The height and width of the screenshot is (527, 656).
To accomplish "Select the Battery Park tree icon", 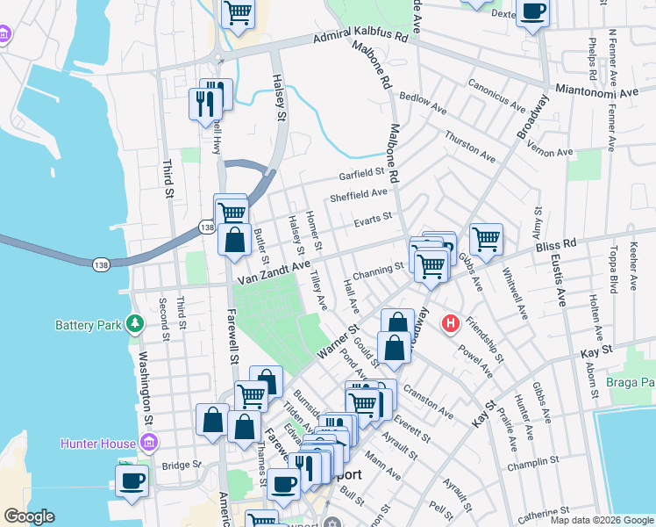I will [x=135, y=324].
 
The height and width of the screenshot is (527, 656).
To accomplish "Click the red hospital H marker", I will [x=451, y=324].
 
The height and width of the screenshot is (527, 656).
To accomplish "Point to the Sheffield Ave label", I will [x=358, y=194].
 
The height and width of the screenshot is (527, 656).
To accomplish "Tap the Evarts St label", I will [x=372, y=219].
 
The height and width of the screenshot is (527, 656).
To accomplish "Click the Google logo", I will [x=29, y=516].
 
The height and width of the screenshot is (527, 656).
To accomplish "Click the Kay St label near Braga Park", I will [x=594, y=352].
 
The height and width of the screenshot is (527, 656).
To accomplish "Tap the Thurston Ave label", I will [x=470, y=145].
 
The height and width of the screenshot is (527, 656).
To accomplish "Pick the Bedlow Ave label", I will [x=422, y=100].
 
